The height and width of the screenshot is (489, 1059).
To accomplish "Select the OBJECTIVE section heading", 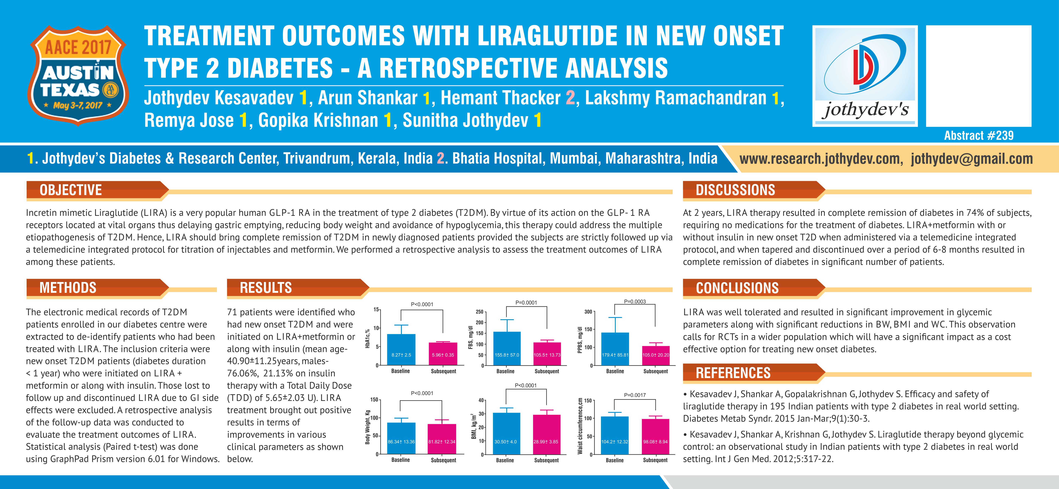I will [x=71, y=190].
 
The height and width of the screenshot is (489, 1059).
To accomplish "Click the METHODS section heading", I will [x=68, y=288].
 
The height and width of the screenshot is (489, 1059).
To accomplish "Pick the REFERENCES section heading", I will [x=733, y=373].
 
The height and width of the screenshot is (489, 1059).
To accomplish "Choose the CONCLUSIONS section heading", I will [x=737, y=288].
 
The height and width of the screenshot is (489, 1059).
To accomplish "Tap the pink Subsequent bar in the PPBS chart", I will [x=656, y=356].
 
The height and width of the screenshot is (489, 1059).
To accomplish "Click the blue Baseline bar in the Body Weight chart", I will [x=401, y=438].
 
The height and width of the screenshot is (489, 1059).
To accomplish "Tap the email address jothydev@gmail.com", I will [x=972, y=159].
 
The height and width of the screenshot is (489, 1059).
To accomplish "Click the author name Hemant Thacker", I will [x=500, y=98].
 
